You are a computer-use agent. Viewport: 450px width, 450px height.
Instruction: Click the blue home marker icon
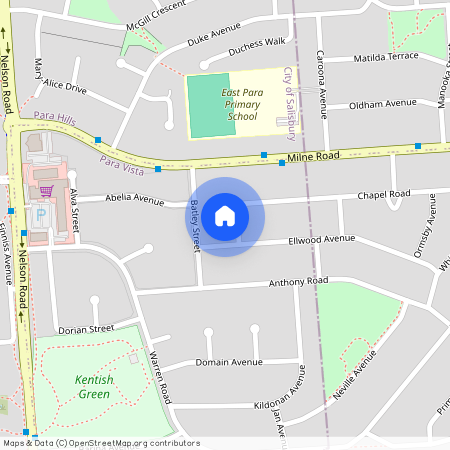click(x=225, y=215)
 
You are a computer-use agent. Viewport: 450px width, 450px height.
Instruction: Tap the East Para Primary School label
click(x=241, y=104)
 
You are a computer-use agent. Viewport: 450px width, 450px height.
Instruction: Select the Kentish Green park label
click(x=93, y=386)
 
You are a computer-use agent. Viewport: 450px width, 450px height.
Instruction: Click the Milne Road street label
click(x=313, y=157)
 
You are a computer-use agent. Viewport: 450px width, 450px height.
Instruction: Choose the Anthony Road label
click(x=298, y=283)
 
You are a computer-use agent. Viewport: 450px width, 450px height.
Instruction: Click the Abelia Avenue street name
click(x=134, y=199)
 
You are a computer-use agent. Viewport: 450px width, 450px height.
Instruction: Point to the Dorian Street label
click(x=86, y=328)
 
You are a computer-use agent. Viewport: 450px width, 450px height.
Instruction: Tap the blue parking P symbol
click(x=41, y=215)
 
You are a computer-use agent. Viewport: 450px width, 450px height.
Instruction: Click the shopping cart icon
click(x=45, y=190)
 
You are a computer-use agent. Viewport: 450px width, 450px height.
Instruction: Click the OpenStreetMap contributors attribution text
click(x=100, y=442)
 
